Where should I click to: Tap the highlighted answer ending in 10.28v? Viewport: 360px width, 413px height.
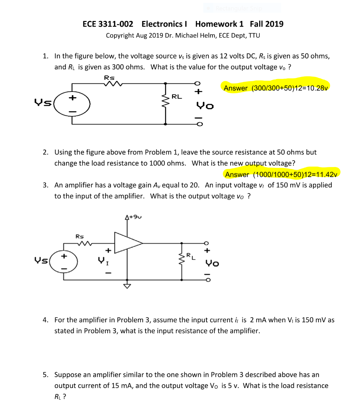pos(276,88)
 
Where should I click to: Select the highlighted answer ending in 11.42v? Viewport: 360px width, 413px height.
pos(281,174)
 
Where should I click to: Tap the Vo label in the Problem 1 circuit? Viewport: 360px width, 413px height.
pos(205,106)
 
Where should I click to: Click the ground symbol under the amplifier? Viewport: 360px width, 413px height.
pos(127,286)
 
